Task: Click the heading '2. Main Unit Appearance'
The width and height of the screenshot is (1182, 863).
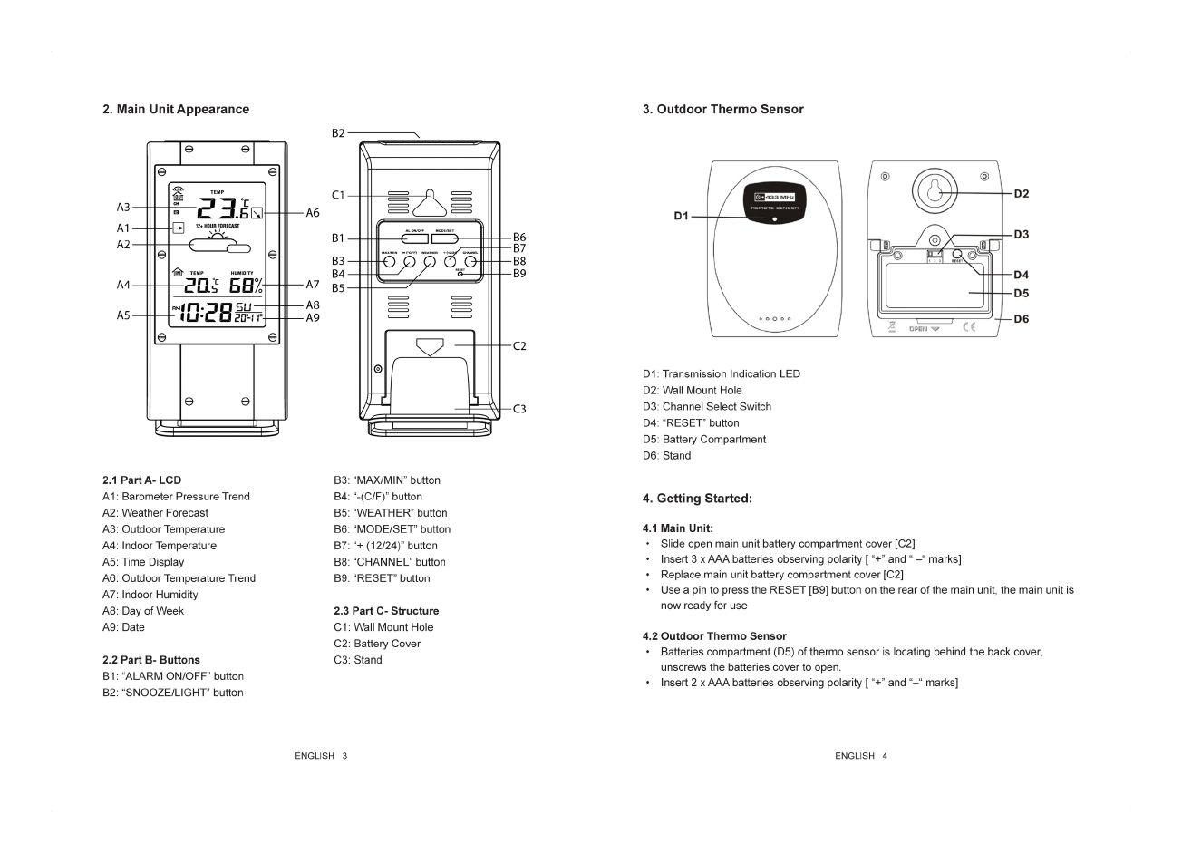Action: (x=176, y=110)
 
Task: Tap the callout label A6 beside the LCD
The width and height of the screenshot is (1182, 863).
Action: (x=313, y=213)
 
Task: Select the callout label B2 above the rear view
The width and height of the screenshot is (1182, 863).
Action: (x=338, y=133)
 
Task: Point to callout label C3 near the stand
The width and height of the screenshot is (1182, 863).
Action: (x=519, y=409)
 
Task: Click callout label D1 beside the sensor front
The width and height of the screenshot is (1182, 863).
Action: (x=682, y=216)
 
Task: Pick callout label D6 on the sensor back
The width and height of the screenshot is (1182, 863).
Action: (x=1022, y=319)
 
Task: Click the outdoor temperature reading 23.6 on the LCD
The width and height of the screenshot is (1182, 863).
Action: (x=216, y=208)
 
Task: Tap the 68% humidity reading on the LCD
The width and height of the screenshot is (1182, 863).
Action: (x=246, y=286)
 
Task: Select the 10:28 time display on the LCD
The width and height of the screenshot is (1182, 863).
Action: (x=206, y=314)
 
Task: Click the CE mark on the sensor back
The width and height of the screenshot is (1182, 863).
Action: (x=969, y=327)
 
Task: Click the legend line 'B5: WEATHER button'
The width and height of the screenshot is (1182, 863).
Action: (x=390, y=513)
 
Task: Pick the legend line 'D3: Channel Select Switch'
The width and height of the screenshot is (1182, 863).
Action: (x=707, y=407)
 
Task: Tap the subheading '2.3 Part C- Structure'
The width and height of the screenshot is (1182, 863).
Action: (x=386, y=611)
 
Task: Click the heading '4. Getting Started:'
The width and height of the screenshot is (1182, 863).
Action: (x=697, y=499)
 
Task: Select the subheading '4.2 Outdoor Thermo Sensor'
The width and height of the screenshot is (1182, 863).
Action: (x=714, y=636)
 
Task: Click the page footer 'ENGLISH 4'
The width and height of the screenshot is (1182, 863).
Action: (x=860, y=756)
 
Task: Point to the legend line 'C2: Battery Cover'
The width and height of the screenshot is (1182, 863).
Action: (x=377, y=644)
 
